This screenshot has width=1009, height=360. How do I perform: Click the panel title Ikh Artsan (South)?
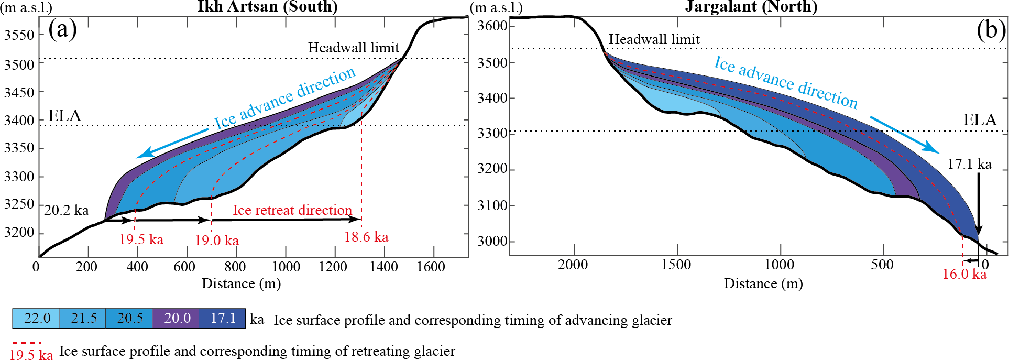tap(267, 7)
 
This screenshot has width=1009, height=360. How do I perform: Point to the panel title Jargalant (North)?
tap(751, 7)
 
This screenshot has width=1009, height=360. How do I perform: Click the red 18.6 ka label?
tap(366, 237)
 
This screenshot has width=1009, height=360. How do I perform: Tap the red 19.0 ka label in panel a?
tap(217, 241)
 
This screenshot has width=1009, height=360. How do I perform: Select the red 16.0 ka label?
tap(964, 274)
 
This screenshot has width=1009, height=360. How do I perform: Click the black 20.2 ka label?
tap(67, 210)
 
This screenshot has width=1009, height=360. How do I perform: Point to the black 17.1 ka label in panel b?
tap(969, 164)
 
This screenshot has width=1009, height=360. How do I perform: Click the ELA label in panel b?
tap(980, 120)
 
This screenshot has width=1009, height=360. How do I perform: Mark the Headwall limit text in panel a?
tap(354, 48)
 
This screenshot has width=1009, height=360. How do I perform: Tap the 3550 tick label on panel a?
tap(19, 35)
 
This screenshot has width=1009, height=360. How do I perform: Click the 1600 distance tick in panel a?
tap(431, 267)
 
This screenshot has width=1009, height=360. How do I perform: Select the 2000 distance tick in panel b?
tap(573, 265)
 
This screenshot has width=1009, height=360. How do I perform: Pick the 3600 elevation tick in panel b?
tap(492, 26)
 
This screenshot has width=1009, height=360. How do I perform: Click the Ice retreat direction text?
tap(292, 210)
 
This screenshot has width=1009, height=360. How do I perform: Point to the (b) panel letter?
tap(991, 30)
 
